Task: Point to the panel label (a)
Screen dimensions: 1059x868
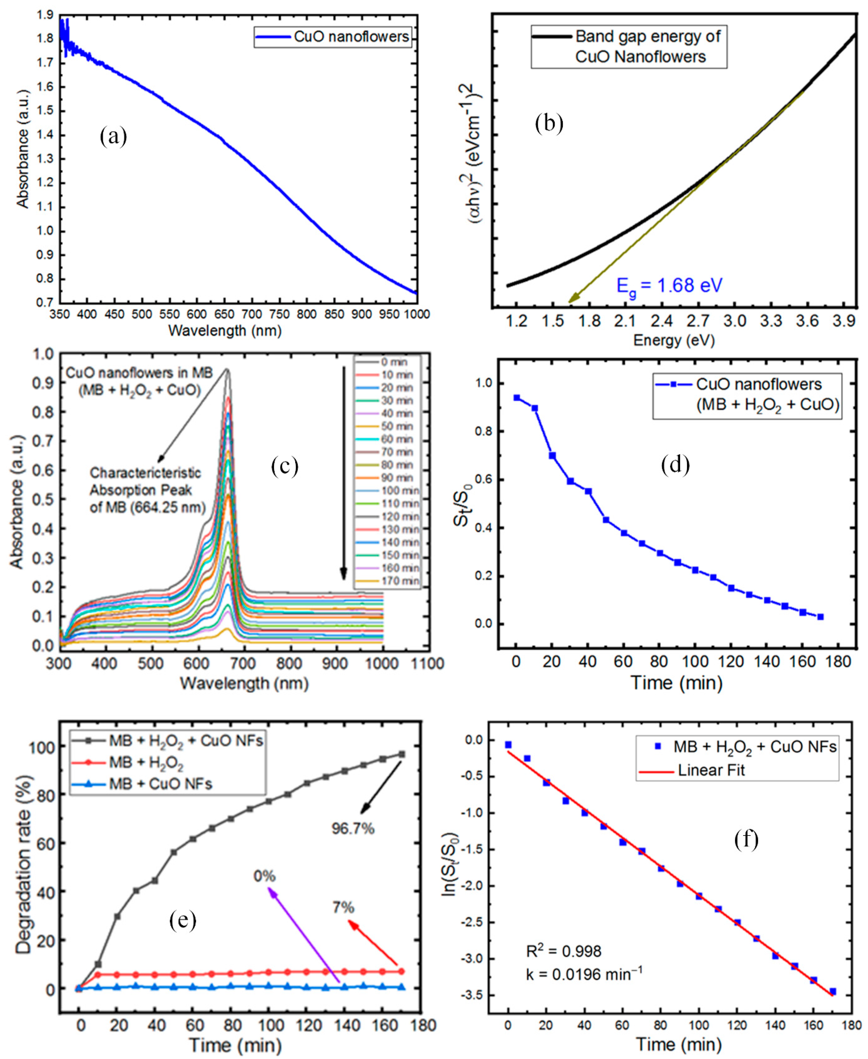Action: coord(113,136)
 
